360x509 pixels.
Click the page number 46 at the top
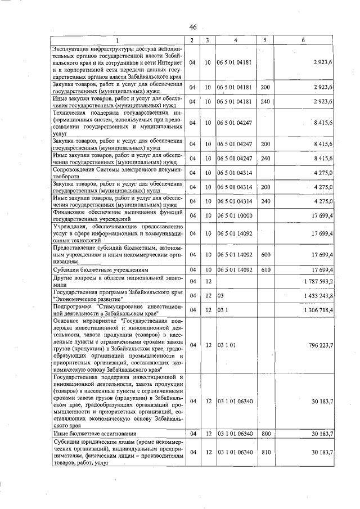[x=193, y=28]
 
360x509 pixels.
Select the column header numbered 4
[x=236, y=40]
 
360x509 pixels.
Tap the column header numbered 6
[x=303, y=40]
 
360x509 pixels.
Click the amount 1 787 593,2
[x=318, y=281]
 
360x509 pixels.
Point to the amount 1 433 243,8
[x=318, y=295]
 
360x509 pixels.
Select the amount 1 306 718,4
[x=318, y=310]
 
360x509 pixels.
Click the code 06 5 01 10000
[x=235, y=215]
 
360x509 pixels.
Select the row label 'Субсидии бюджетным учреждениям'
[x=93, y=270]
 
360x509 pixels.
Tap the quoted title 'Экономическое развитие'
[x=87, y=299]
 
